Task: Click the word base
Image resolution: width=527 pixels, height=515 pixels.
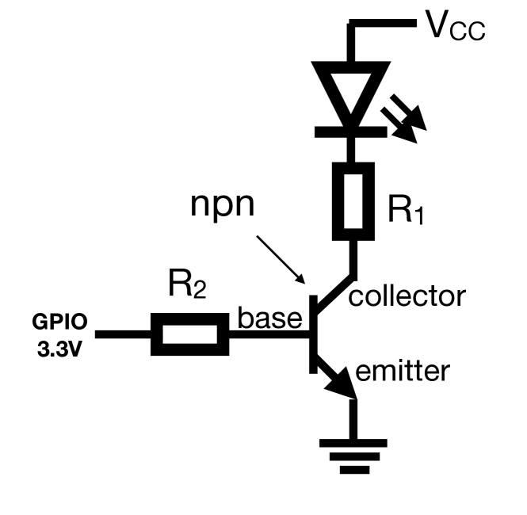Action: tap(269, 320)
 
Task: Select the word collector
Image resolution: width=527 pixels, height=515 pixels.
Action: tap(407, 297)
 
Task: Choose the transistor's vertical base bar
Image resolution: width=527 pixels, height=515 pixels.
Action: tap(312, 336)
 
